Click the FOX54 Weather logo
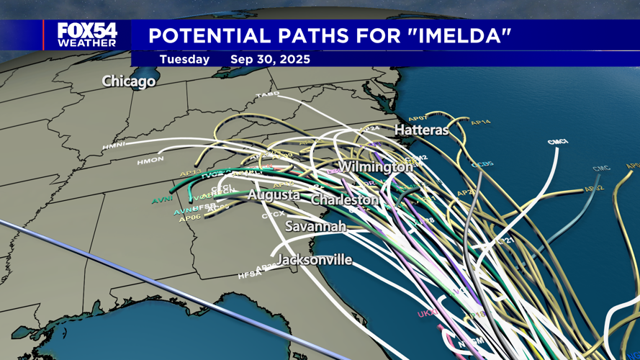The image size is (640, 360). [86, 34]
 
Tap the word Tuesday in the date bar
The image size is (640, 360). [184, 59]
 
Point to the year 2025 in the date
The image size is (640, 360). [294, 59]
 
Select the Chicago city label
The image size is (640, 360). [129, 81]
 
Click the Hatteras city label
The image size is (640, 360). [421, 130]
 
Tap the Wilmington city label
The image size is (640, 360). [375, 167]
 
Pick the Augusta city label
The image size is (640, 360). [274, 195]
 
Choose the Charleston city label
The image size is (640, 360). [345, 199]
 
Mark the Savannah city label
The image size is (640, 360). [315, 226]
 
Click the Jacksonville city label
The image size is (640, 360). [315, 259]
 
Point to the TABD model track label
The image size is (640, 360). [268, 95]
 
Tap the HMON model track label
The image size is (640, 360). [150, 160]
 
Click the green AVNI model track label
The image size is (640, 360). [162, 201]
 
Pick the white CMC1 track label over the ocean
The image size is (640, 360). [557, 143]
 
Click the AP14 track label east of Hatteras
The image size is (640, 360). [480, 123]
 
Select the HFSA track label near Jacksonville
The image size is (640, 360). [247, 275]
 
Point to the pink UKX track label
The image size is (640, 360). [428, 314]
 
